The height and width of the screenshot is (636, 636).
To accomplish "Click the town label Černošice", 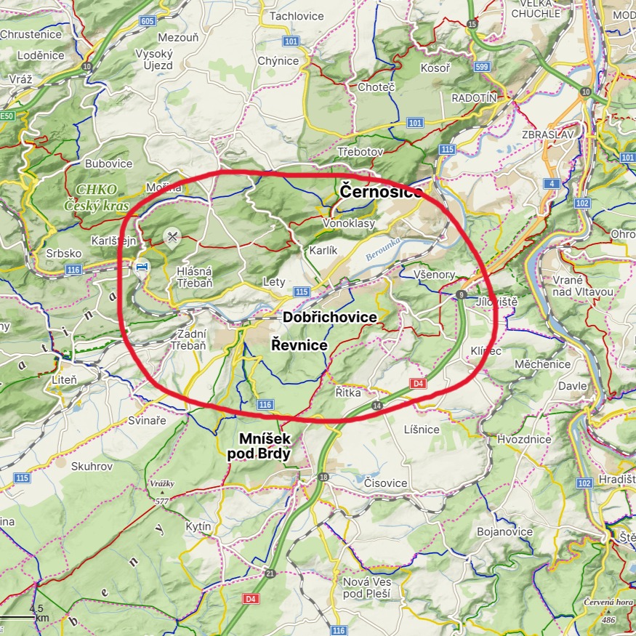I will [380, 192].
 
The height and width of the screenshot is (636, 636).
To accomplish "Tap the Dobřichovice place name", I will [330, 318].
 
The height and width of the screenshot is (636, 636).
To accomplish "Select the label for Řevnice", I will [299, 345].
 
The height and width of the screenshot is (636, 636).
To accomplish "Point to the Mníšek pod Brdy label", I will [259, 446].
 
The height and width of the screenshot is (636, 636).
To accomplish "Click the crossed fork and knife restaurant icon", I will [172, 236].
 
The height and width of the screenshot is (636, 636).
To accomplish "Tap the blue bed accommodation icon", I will [142, 267].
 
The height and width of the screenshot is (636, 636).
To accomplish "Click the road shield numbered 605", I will [148, 21].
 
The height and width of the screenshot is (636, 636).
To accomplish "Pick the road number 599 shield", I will [483, 66].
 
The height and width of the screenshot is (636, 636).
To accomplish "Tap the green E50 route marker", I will [7, 116].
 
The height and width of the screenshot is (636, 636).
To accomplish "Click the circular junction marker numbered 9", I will [461, 294].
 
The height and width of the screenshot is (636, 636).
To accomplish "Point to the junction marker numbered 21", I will [270, 573].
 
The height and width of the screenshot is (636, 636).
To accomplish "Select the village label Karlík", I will [323, 250].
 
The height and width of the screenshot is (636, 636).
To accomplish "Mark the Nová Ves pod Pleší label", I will [366, 588].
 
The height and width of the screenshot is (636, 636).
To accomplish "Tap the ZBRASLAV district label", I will [548, 134].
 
